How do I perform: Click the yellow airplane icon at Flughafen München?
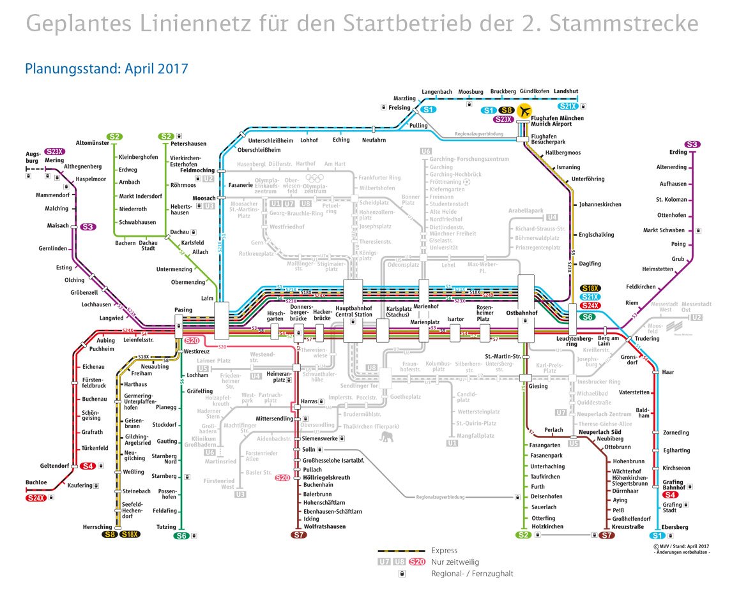524,111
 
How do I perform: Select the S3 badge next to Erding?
692,144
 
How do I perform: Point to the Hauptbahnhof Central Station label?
353,311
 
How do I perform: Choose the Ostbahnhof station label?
522,313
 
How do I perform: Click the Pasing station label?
183,310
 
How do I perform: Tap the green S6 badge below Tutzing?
182,536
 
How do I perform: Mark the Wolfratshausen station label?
324,526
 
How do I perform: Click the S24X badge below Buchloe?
36,497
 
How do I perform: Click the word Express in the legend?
444,551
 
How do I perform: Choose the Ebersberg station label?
675,527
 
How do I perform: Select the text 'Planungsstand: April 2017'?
106,68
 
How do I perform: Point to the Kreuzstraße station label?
627,527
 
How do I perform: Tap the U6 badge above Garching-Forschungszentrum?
426,151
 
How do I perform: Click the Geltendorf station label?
54,466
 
